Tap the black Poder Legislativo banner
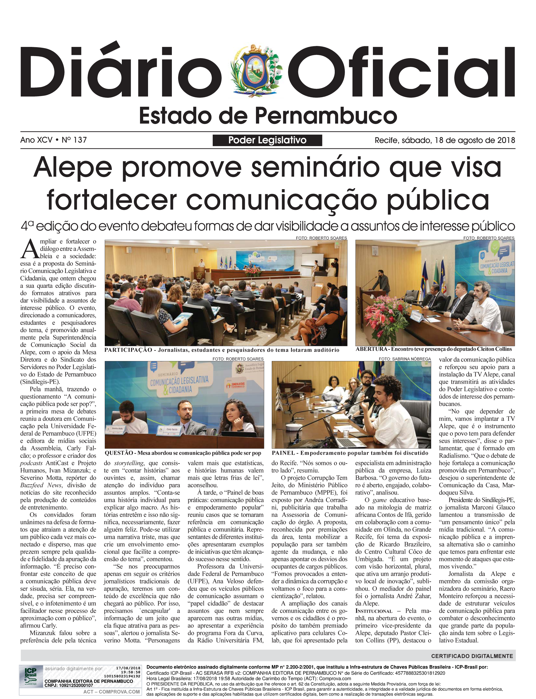click(267, 140)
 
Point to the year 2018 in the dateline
click(506, 140)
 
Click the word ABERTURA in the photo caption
click(371, 349)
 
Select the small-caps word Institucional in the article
click(374, 611)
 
